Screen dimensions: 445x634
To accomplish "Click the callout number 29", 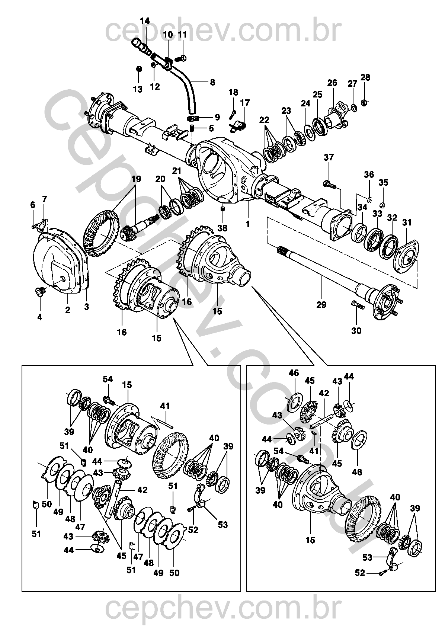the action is [x=321, y=305].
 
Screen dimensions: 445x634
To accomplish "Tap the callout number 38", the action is [x=222, y=228].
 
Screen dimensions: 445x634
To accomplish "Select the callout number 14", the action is [x=145, y=21].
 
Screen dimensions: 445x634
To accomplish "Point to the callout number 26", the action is [x=332, y=83].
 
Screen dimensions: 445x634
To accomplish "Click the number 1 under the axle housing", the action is [x=248, y=224].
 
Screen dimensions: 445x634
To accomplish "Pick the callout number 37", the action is [x=329, y=157].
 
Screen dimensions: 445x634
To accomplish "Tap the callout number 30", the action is [x=356, y=331].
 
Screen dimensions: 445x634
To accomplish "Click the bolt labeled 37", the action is [x=330, y=185].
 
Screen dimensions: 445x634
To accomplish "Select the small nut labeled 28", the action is [x=365, y=102].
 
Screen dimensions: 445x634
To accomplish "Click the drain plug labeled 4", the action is [x=40, y=291].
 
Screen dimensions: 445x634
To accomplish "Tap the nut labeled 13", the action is [x=139, y=69].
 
